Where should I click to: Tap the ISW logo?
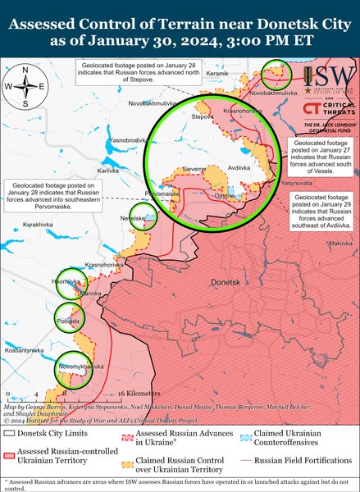(x=329, y=80)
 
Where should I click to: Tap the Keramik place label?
(x=217, y=74)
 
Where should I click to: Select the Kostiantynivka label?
(x=24, y=350)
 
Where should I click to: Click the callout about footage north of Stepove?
(x=137, y=71)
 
